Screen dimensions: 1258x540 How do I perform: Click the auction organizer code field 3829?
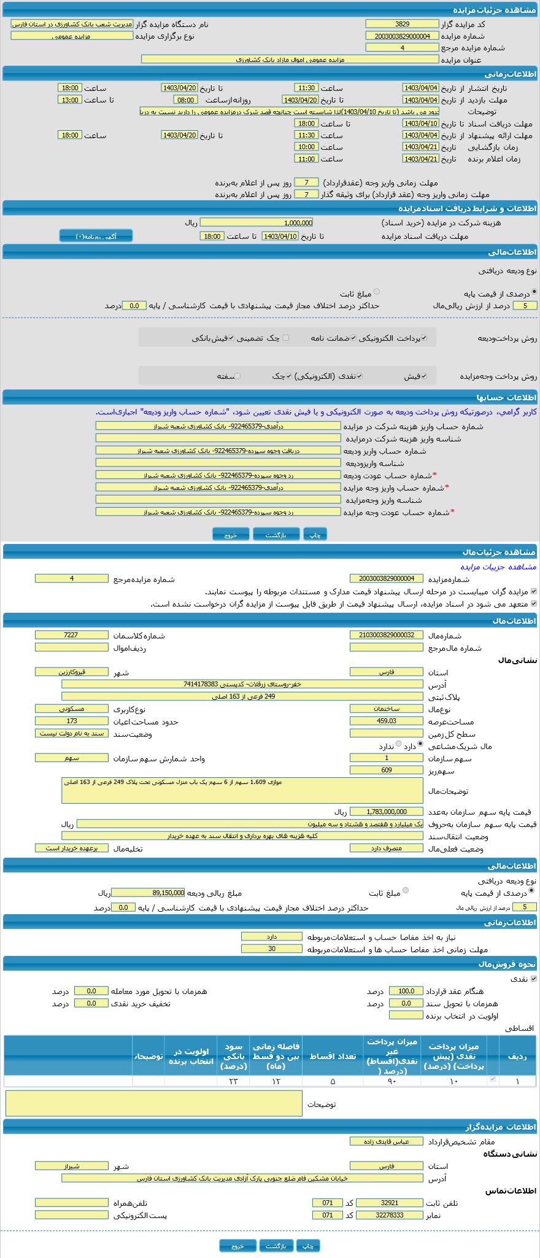click(402, 24)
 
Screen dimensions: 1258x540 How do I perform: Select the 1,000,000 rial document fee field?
click(256, 223)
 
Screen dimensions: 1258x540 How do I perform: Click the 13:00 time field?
click(69, 100)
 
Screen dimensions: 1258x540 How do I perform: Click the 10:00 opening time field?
click(306, 147)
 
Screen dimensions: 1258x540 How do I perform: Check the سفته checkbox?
click(237, 376)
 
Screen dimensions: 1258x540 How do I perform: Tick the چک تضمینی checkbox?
click(286, 338)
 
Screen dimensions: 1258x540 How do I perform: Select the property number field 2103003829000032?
click(386, 635)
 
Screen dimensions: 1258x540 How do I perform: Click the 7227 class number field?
click(71, 635)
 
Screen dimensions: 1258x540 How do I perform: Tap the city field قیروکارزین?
click(71, 672)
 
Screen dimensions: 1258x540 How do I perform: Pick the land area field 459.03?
click(386, 721)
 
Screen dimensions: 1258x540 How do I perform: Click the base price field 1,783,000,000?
click(386, 812)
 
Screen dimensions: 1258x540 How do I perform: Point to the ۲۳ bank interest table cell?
click(233, 1081)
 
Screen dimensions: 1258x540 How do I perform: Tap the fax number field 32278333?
click(389, 1215)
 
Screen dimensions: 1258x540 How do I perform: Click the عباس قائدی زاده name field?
click(386, 1141)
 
